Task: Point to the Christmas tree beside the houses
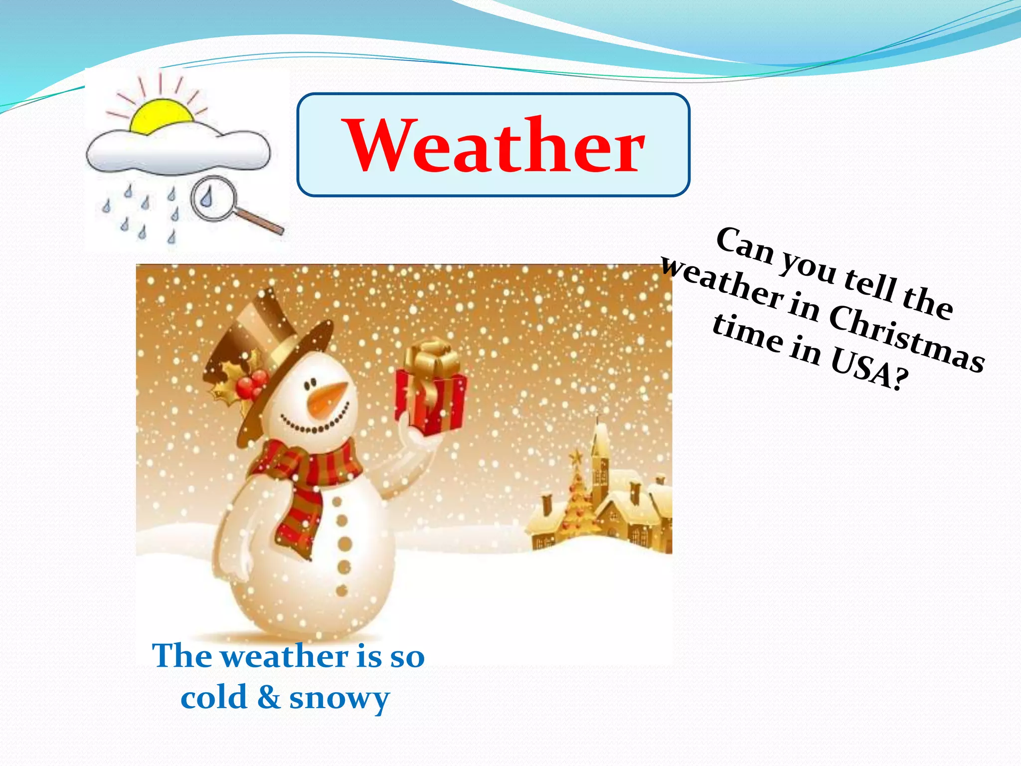[x=578, y=499]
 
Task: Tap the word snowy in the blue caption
[x=339, y=698]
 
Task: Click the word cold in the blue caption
[x=214, y=697]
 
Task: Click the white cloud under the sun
[x=177, y=152]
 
